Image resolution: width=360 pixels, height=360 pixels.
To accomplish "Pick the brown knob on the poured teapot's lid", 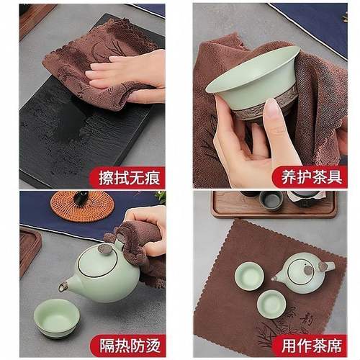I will click(105, 248).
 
